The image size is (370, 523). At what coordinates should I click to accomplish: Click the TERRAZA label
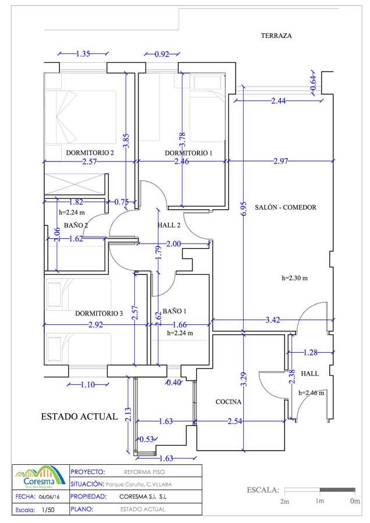pyautogui.click(x=276, y=35)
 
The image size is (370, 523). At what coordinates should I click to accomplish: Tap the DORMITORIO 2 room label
pyautogui.click(x=90, y=153)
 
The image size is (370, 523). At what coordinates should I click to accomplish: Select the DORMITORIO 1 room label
pyautogui.click(x=188, y=153)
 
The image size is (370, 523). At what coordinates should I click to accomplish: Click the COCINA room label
pyautogui.click(x=229, y=402)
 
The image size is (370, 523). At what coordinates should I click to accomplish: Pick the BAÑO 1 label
pyautogui.click(x=175, y=311)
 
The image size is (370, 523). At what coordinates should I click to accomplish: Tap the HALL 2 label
pyautogui.click(x=169, y=225)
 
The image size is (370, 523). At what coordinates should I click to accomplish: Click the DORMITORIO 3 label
pyautogui.click(x=99, y=313)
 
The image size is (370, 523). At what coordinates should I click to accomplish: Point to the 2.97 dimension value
pyautogui.click(x=280, y=162)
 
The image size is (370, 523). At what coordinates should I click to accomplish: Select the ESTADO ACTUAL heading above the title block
pyautogui.click(x=79, y=417)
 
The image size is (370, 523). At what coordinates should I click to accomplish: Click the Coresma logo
pyautogui.click(x=40, y=478)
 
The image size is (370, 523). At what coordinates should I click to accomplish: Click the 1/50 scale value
pyautogui.click(x=48, y=510)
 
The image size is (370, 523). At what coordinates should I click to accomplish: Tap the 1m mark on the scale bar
pyautogui.click(x=319, y=501)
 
